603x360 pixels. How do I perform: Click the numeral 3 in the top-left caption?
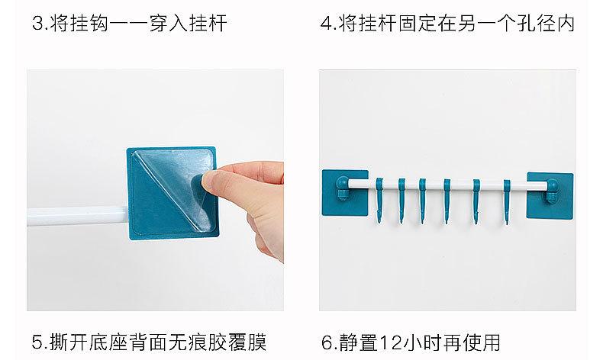point(37,24)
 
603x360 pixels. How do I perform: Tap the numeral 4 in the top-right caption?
point(327,24)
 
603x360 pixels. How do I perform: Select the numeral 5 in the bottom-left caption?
point(37,342)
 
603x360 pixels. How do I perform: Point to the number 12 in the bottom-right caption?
point(391,342)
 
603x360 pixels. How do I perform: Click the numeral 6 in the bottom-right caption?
point(327,342)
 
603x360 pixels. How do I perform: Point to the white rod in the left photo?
point(78,216)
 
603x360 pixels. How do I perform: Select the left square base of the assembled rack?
point(345,192)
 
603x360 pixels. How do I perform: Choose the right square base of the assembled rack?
point(550,194)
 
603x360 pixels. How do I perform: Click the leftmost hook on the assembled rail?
point(379,200)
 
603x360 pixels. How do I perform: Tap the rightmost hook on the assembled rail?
point(507,201)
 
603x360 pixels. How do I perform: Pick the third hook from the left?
point(422,201)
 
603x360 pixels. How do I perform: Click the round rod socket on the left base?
point(342,184)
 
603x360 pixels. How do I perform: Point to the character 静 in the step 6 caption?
point(348,342)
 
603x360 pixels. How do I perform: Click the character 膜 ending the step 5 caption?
point(257,342)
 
